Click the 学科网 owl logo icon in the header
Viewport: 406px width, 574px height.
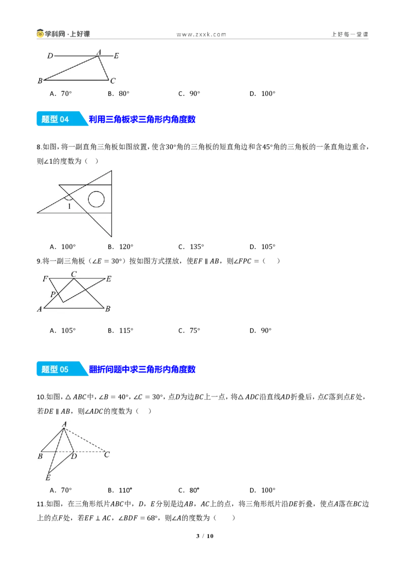click(x=40, y=33)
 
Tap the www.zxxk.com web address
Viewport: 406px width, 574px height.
click(x=201, y=34)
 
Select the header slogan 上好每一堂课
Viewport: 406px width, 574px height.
click(x=350, y=34)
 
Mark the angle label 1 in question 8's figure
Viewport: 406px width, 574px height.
click(x=69, y=206)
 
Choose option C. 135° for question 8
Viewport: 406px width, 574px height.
click(x=191, y=247)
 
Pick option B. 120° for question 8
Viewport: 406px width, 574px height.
click(x=121, y=247)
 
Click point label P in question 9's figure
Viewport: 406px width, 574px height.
click(x=53, y=294)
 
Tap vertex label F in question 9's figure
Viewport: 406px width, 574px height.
click(x=46, y=279)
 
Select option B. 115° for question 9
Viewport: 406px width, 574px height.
click(x=121, y=331)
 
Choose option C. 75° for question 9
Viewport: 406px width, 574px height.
click(x=189, y=331)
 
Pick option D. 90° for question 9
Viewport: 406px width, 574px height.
click(x=260, y=331)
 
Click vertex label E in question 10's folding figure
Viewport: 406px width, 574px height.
click(x=48, y=478)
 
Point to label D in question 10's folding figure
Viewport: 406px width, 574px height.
click(x=74, y=456)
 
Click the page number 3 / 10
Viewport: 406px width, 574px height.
click(x=205, y=536)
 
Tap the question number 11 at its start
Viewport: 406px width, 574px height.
click(x=41, y=504)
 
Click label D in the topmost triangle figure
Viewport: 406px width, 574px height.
click(x=50, y=56)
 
